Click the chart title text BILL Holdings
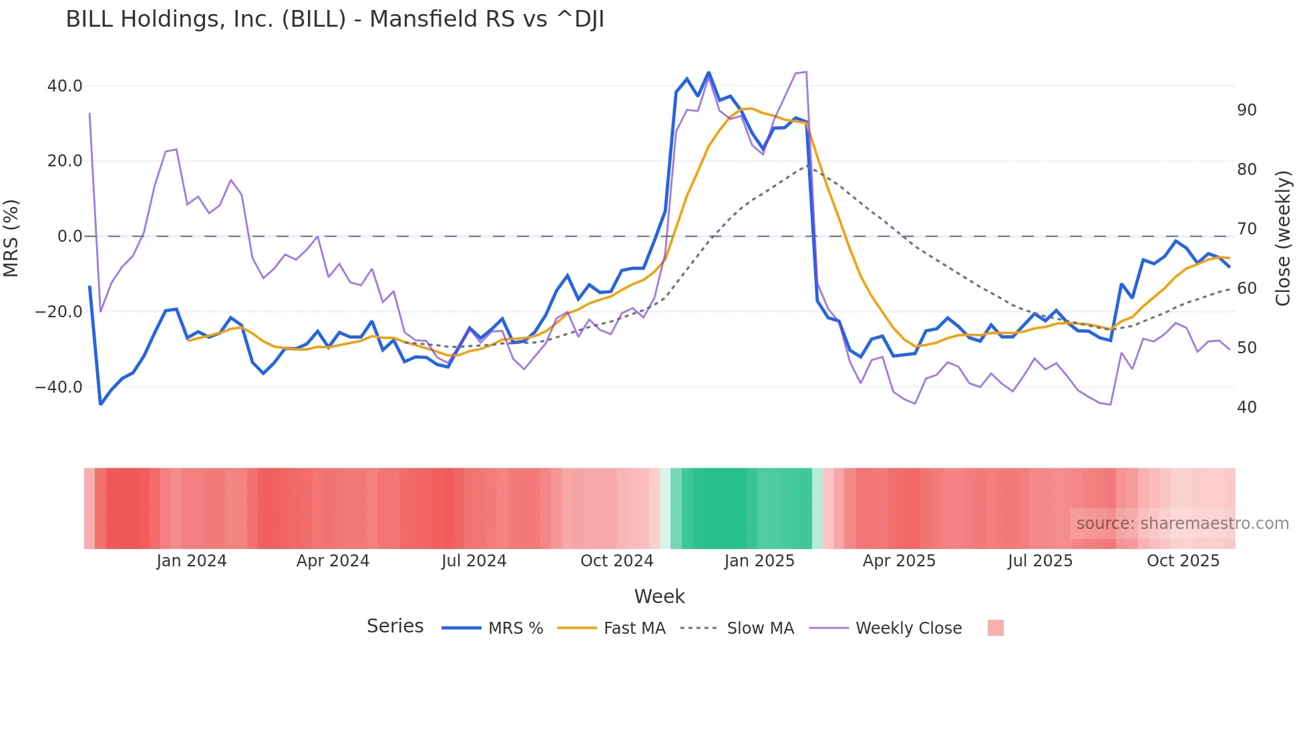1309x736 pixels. coord(334,19)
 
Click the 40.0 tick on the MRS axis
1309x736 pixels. coord(65,86)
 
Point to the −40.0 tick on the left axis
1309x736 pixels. coord(59,387)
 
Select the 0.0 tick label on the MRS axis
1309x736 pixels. coord(70,236)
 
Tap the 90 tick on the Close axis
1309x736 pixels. coord(1246,110)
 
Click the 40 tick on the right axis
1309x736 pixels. coord(1246,407)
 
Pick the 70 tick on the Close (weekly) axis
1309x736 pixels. coord(1246,229)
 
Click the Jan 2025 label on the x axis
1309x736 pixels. coord(759,561)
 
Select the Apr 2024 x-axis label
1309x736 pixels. coord(333,561)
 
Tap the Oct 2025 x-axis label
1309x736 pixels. coord(1183,561)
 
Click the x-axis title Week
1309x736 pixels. coord(659,596)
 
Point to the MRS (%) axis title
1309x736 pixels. coord(11,238)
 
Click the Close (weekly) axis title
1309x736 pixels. coord(1283,238)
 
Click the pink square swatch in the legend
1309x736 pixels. coord(995,628)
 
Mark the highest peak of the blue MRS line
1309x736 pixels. coord(709,73)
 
